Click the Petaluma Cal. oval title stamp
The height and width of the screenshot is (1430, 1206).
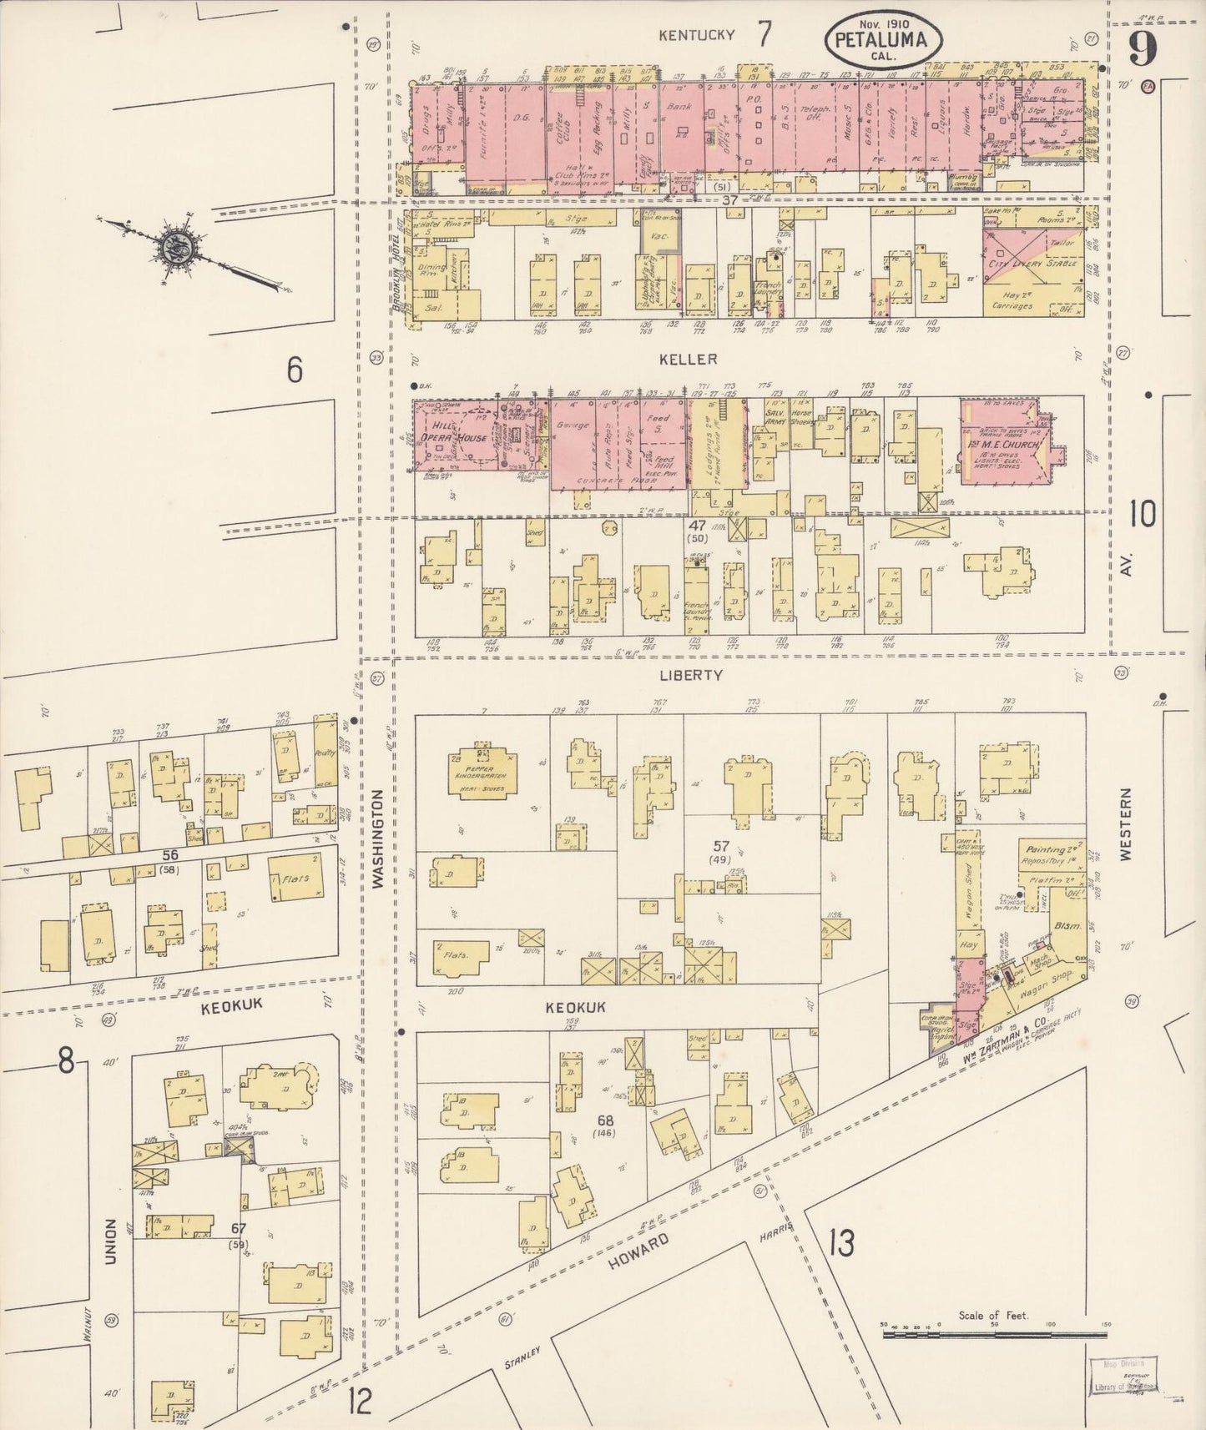point(884,40)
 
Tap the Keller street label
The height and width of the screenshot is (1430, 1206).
point(699,359)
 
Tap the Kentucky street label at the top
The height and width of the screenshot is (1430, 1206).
point(697,34)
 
